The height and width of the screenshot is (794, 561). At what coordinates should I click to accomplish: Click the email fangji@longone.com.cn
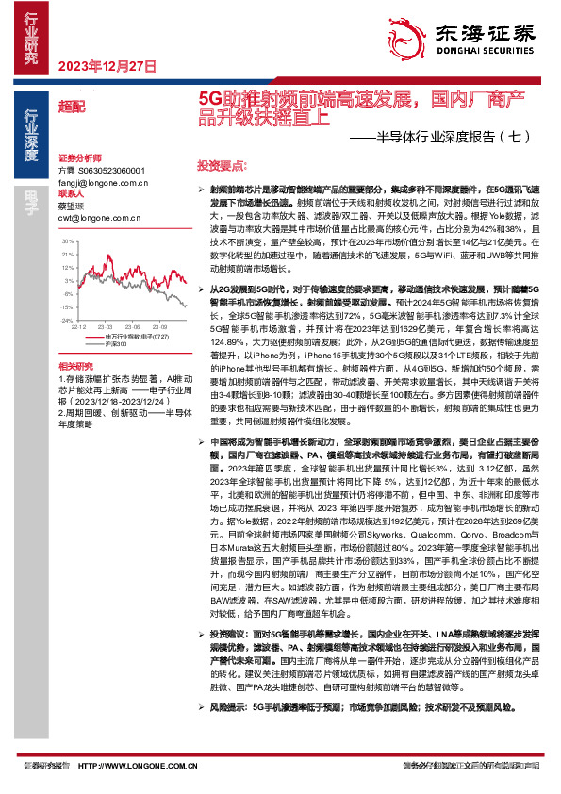(x=103, y=182)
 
